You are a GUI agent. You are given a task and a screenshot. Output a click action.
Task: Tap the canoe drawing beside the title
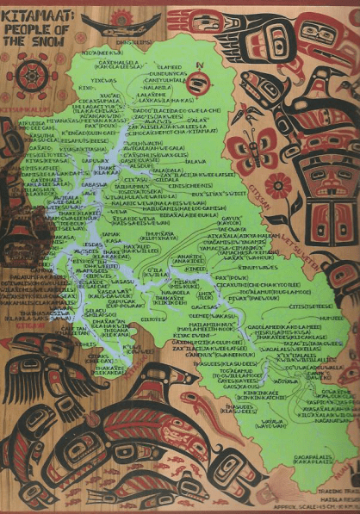click(128, 23)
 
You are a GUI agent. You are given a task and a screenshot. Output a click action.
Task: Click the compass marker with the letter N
click(200, 81)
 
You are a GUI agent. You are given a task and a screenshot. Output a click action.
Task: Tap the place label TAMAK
click(110, 233)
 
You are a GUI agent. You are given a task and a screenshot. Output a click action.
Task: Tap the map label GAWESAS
click(203, 307)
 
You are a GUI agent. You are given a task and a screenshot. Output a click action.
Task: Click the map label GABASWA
click(93, 183)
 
